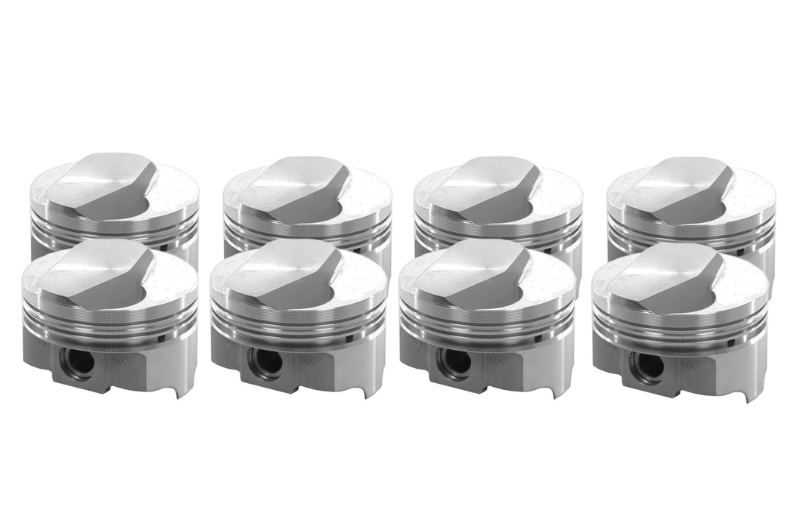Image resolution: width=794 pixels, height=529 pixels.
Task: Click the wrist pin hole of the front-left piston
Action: coord(78,362)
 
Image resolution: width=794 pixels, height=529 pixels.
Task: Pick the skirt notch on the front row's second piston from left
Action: coord(368,389)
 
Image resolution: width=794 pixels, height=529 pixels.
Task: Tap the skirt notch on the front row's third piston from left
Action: coord(556,389)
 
